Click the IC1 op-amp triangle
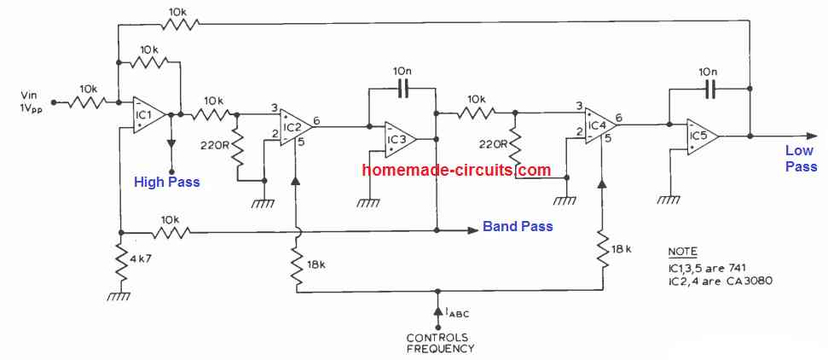[148, 114]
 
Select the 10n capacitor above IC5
[708, 86]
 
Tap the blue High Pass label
[167, 181]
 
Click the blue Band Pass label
[518, 227]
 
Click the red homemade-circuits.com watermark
[456, 170]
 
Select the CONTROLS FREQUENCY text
[439, 342]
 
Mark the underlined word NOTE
[682, 253]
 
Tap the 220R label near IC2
[215, 144]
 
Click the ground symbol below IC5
[669, 200]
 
